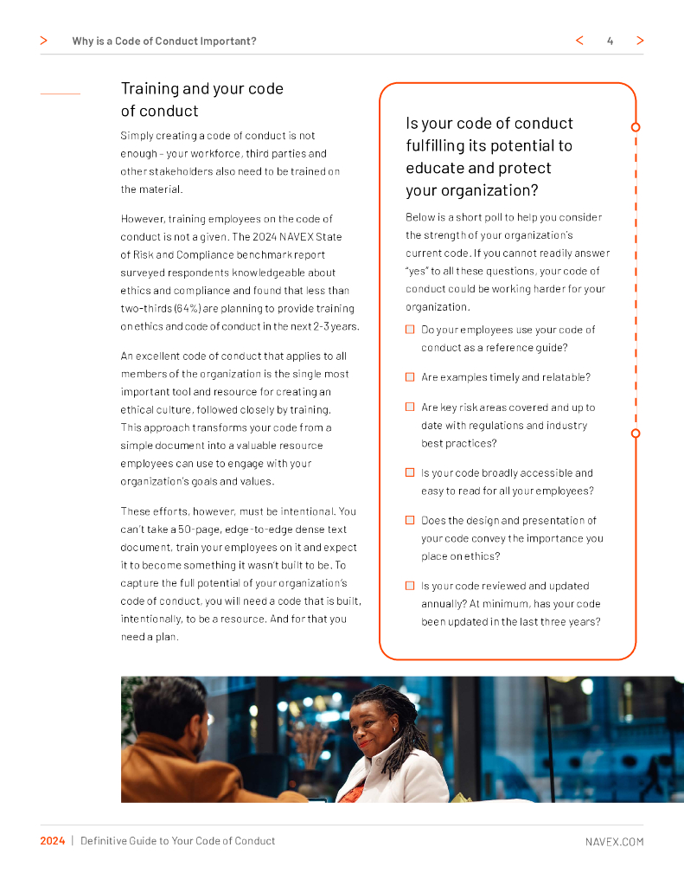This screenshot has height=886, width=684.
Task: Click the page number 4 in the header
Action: coord(610,41)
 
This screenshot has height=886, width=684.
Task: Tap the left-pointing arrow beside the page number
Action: coord(579,41)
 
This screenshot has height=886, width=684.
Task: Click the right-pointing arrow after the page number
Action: coord(640,41)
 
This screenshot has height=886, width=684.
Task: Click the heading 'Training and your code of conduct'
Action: coord(202,100)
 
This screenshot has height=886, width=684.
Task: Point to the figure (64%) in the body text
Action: coord(188,309)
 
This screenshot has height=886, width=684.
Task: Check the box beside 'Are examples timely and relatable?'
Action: coord(410,377)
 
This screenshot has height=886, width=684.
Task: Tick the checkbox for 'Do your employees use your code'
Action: coord(410,330)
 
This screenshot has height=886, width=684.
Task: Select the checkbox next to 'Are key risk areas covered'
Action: coord(410,407)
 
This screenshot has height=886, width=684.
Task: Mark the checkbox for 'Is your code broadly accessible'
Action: coord(410,473)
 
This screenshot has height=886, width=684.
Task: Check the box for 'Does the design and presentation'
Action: coord(410,520)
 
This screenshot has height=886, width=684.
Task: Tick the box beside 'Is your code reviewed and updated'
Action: coord(410,586)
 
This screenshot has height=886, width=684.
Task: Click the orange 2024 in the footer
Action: coord(53,841)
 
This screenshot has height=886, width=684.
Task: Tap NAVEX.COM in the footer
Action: coord(614,841)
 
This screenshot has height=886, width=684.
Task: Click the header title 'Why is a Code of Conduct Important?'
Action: coord(164,41)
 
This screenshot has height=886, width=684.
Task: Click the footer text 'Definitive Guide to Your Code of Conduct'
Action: coord(178,841)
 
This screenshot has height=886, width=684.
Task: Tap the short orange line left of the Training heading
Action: coord(61,93)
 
